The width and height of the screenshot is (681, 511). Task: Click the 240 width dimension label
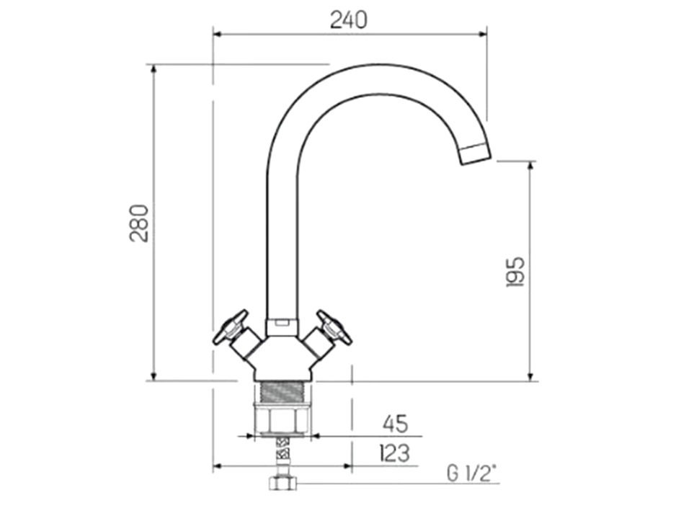[x=349, y=19]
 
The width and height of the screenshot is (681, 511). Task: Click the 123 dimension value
[x=394, y=453]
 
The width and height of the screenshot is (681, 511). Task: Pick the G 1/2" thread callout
[x=472, y=474]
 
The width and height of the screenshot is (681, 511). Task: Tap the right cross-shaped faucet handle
[x=334, y=327]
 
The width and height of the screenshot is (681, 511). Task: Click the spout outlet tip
[x=475, y=154]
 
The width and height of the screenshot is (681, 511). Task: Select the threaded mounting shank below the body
[x=282, y=392]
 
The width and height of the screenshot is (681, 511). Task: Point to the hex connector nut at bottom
[x=282, y=481]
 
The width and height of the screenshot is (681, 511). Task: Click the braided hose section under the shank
[x=282, y=454]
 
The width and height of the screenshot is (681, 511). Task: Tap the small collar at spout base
[x=282, y=327]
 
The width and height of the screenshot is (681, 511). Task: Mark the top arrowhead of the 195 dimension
[x=531, y=166]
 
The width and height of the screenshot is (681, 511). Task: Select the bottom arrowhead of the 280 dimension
[x=153, y=376]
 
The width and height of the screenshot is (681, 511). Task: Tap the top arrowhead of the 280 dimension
[x=153, y=69]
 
